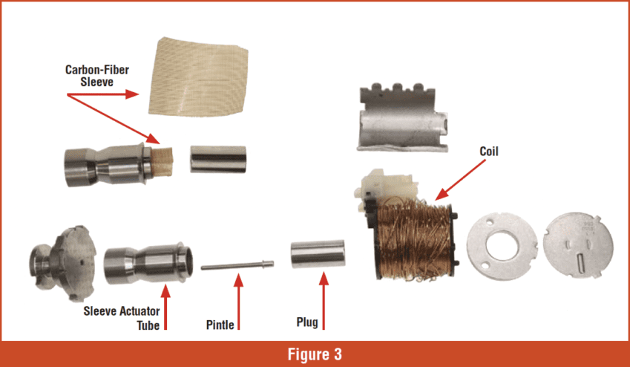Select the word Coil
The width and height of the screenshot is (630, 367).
tap(488, 152)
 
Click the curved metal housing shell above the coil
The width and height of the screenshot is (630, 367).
tap(401, 120)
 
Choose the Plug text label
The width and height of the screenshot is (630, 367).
tap(306, 322)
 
